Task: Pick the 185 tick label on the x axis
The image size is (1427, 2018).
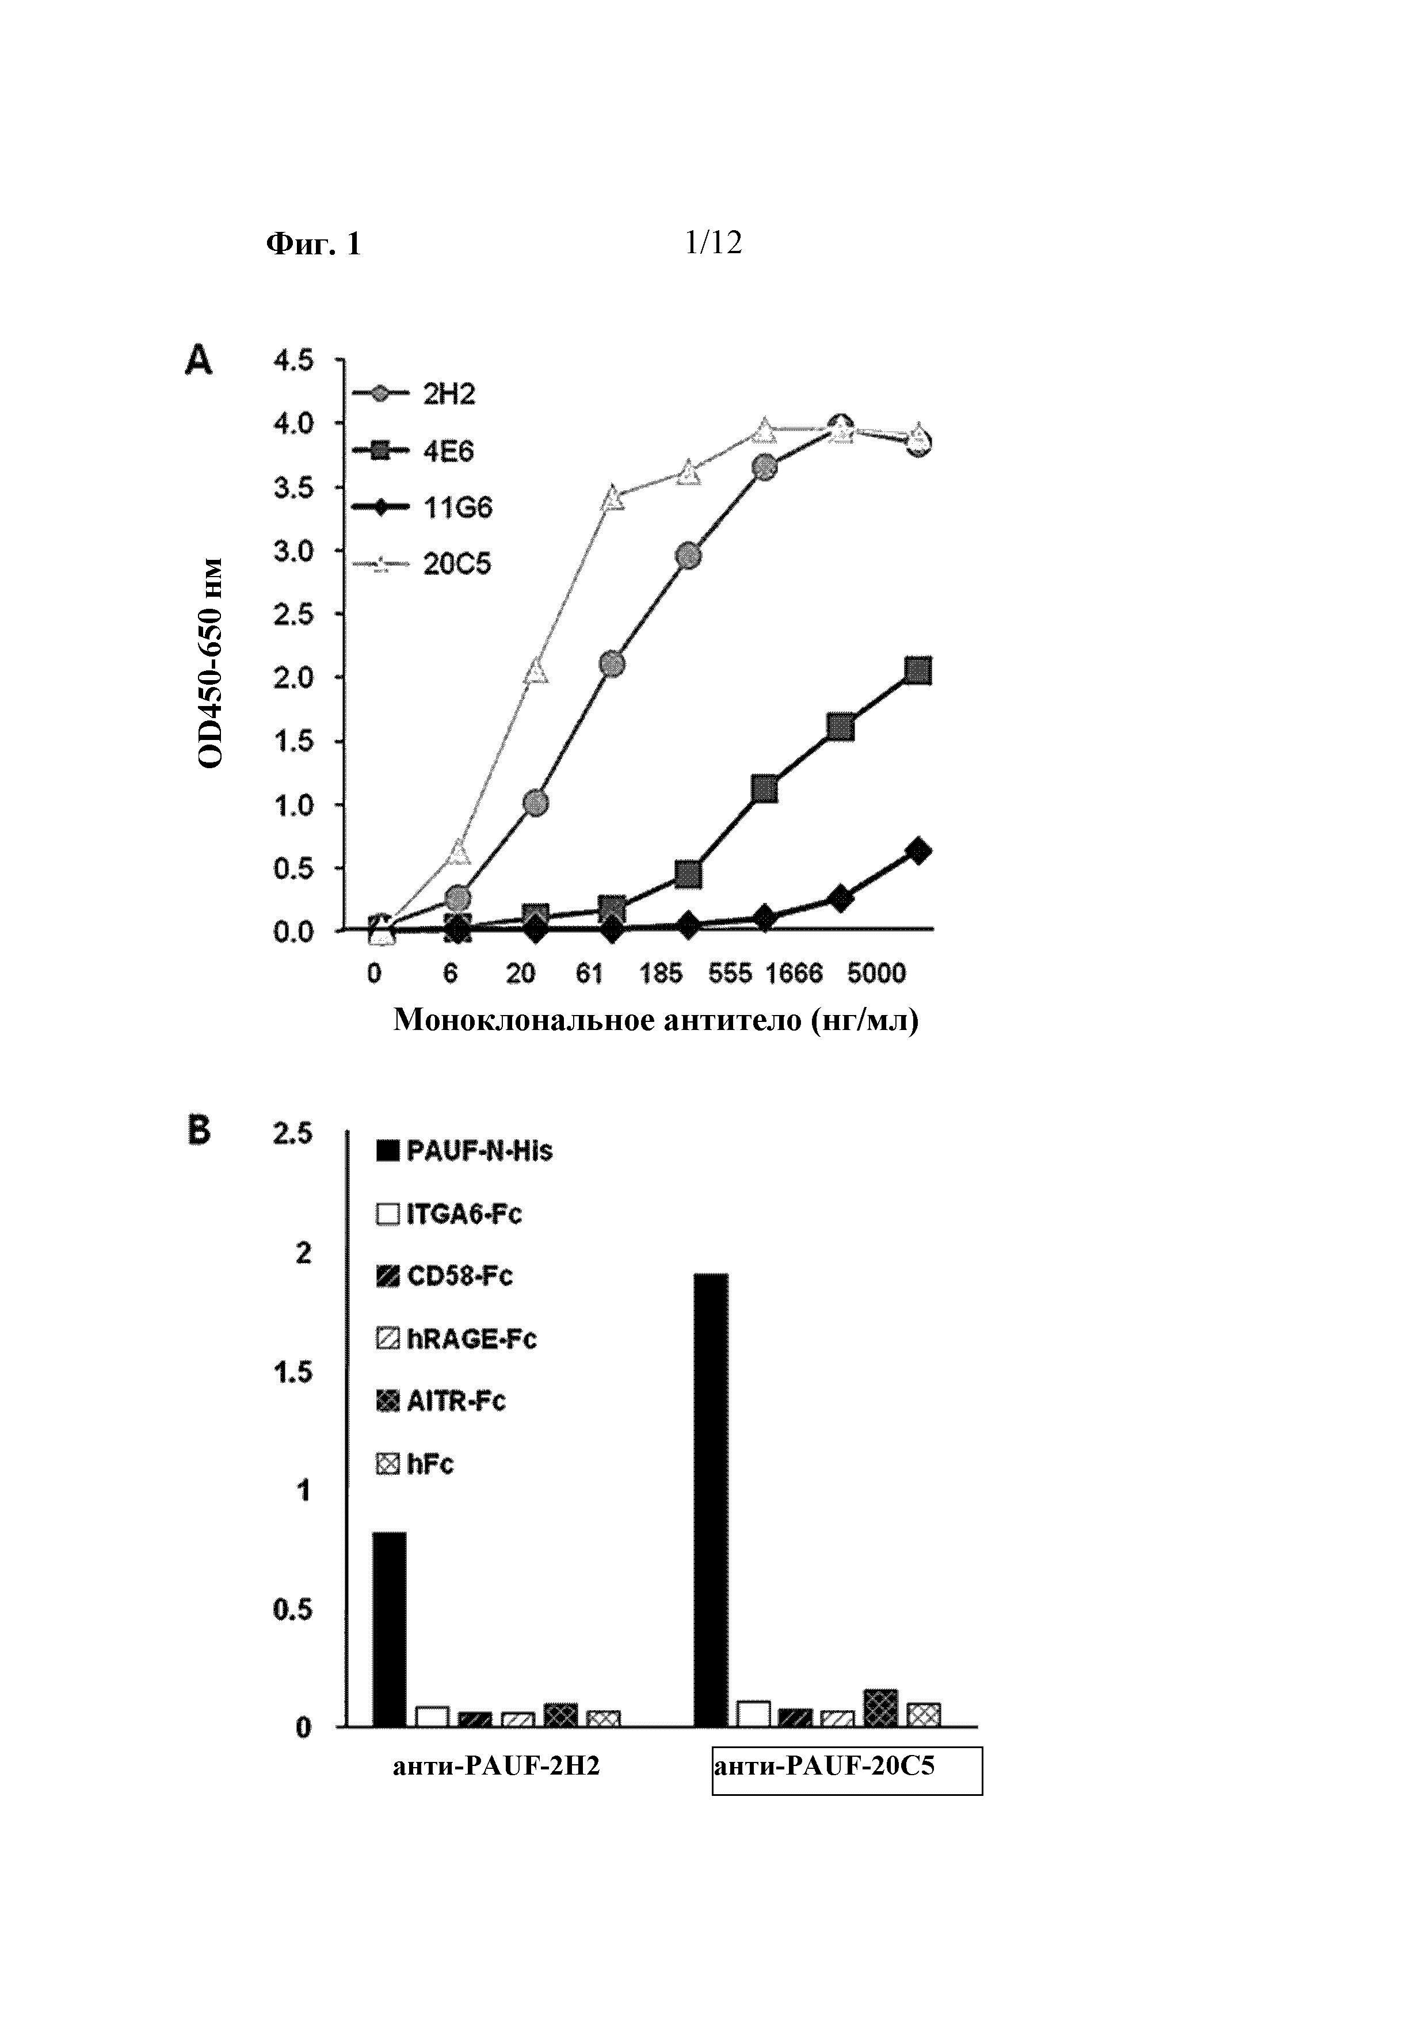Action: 660,974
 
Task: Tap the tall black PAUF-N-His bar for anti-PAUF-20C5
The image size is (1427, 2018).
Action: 711,1500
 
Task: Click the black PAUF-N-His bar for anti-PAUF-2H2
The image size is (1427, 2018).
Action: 390,1630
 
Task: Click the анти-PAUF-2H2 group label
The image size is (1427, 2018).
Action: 497,1766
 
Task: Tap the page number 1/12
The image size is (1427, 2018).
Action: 712,243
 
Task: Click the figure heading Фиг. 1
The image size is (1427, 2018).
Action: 313,243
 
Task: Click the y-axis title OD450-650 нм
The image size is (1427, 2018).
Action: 211,663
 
